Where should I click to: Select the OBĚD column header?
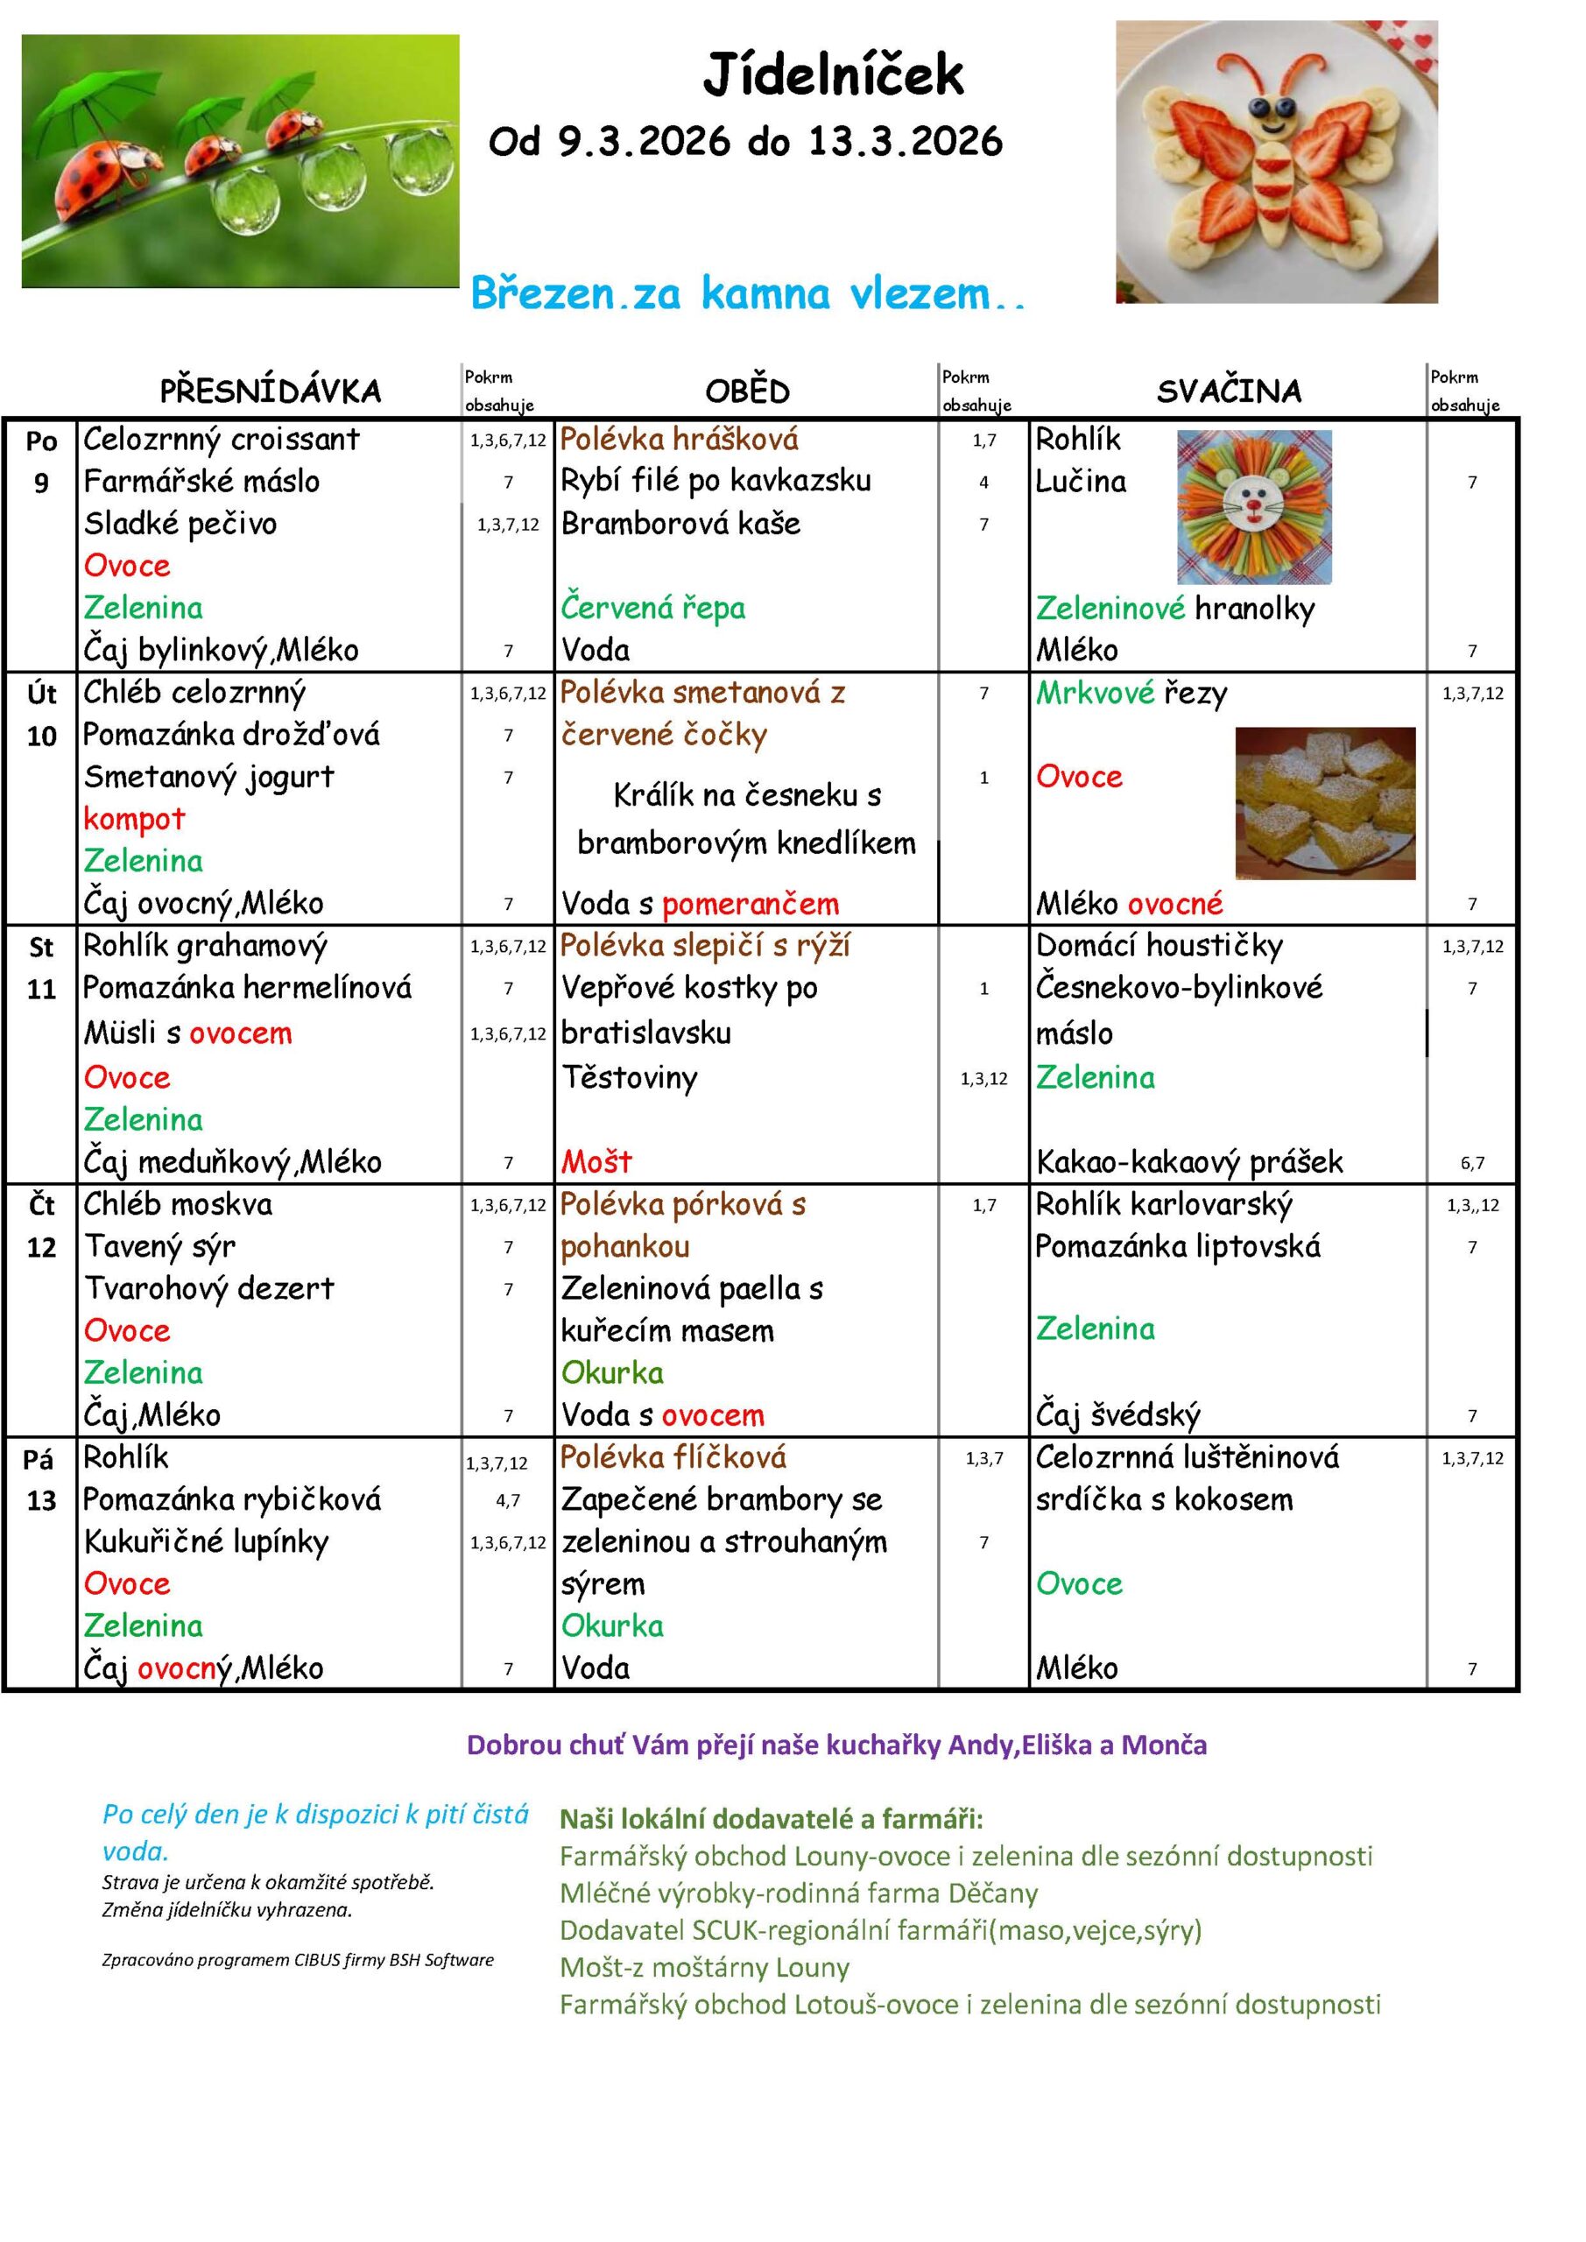(x=747, y=391)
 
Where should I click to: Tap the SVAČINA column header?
(x=1229, y=391)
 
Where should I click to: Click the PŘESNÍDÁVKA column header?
(x=271, y=391)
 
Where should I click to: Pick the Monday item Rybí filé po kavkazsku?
(x=715, y=481)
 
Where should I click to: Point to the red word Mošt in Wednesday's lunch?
(x=596, y=1161)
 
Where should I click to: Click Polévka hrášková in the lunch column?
(x=680, y=439)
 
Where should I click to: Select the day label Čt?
(x=41, y=1205)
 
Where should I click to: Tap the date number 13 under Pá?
(x=41, y=1500)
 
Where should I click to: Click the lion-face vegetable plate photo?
(x=1254, y=508)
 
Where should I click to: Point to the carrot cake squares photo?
(x=1324, y=803)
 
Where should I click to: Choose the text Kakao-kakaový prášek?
(x=1189, y=1161)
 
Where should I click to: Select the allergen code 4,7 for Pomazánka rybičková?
(x=508, y=1500)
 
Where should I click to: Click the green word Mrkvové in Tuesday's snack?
(x=1095, y=693)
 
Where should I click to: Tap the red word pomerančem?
(x=750, y=903)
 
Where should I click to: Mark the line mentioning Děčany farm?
(x=798, y=1893)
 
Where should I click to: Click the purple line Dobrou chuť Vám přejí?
(x=836, y=1745)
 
